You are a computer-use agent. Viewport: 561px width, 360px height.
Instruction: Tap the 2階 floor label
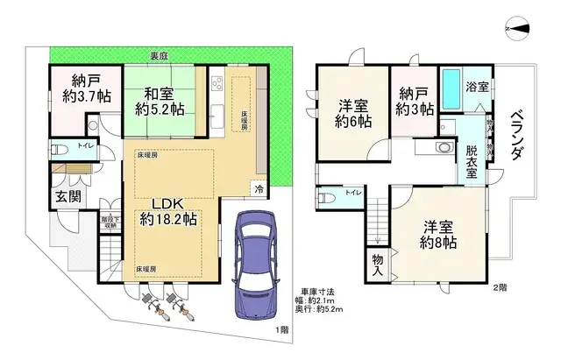point(499,287)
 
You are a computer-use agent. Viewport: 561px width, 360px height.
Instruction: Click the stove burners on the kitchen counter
point(216,86)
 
